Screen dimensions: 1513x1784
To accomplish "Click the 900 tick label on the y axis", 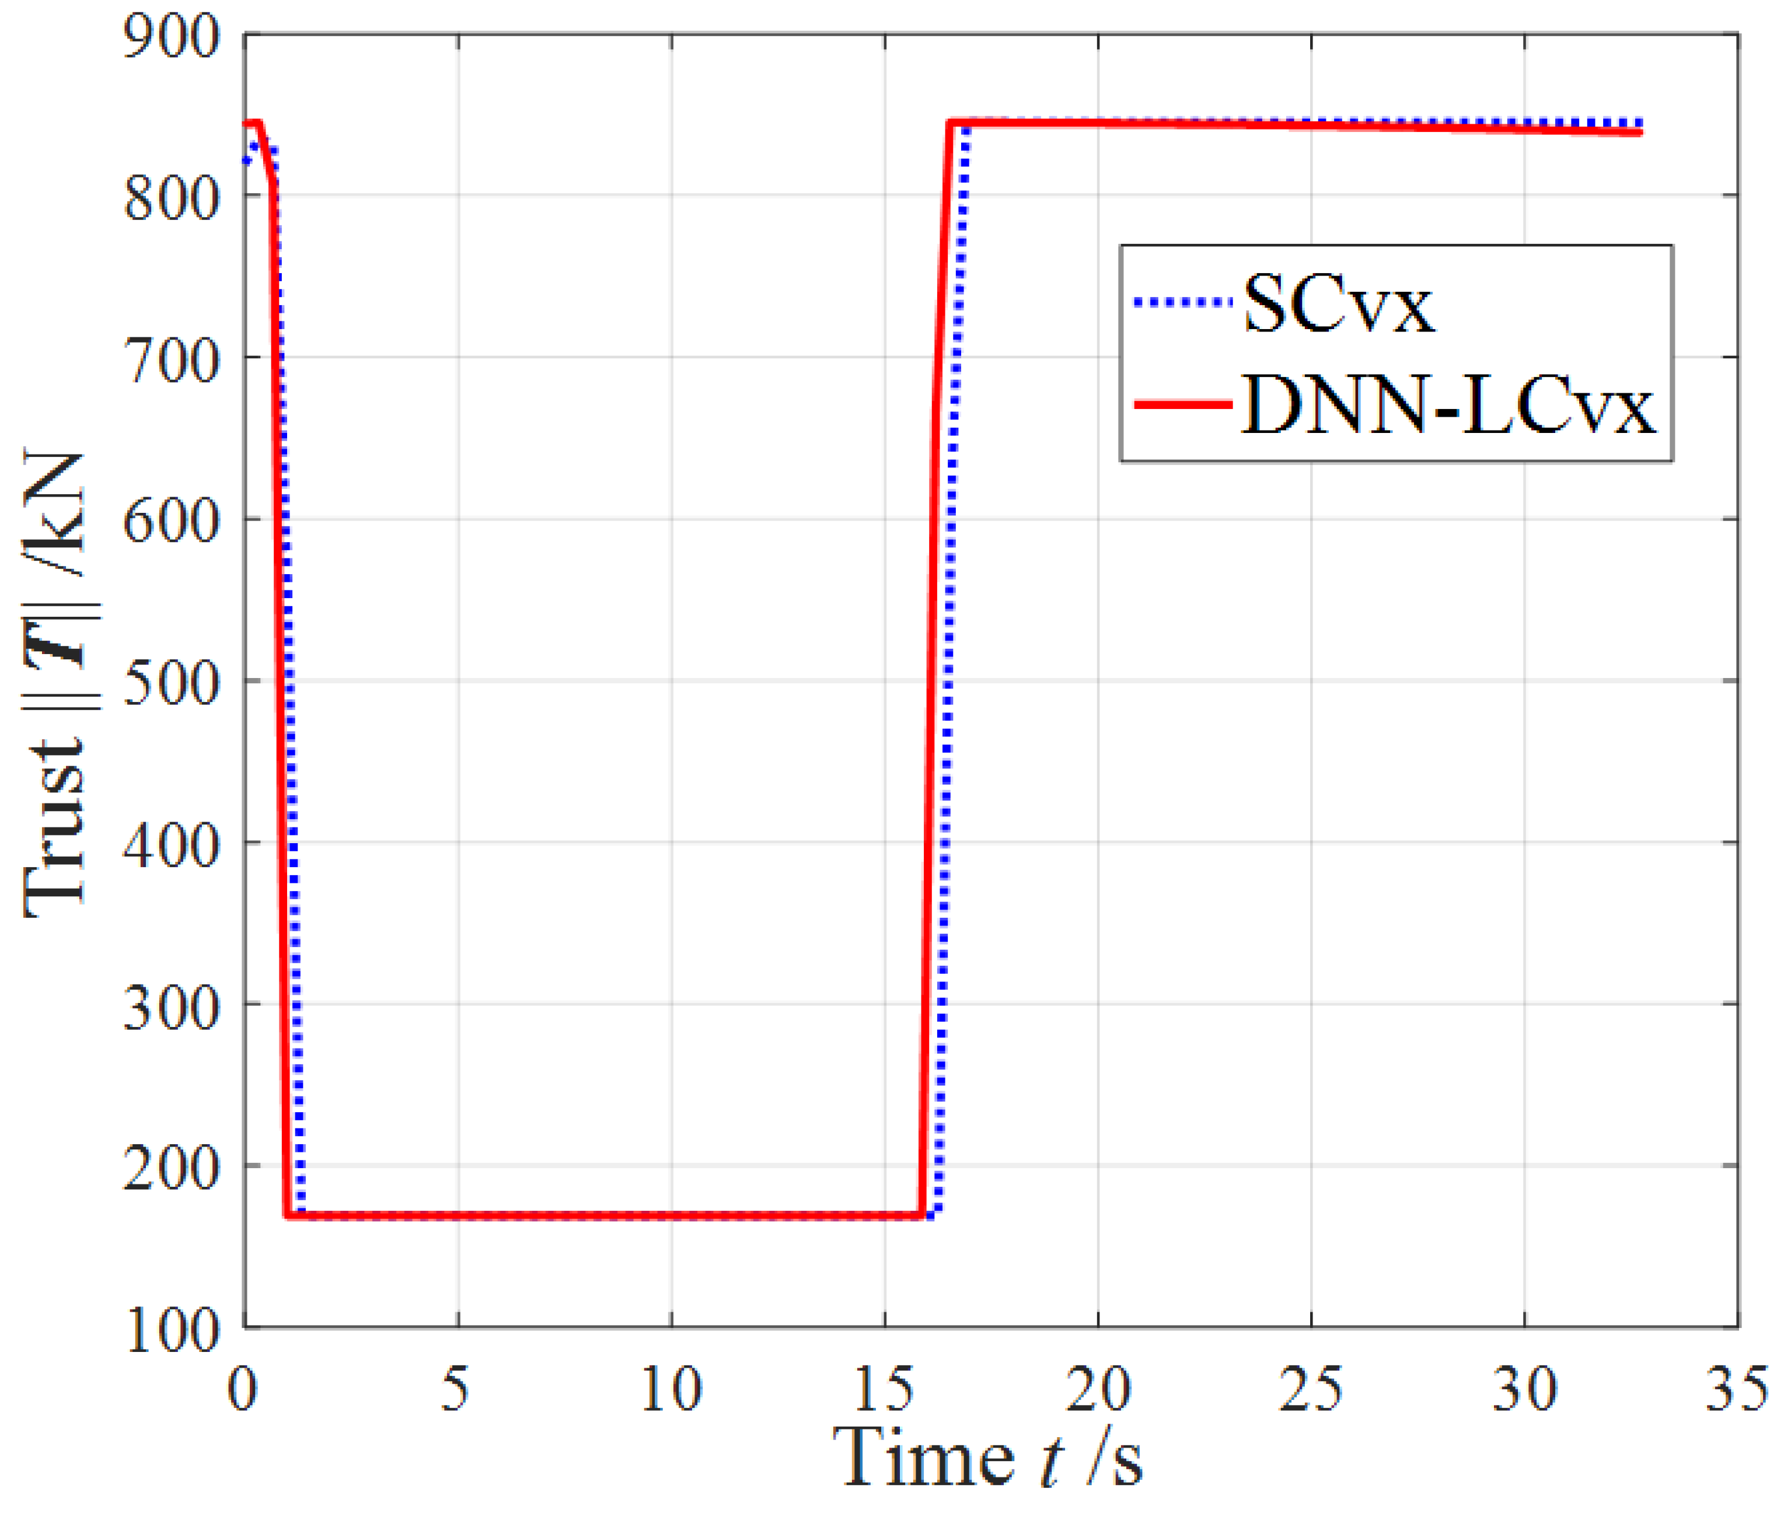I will [x=172, y=38].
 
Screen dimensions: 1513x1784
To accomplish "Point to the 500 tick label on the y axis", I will [x=172, y=684].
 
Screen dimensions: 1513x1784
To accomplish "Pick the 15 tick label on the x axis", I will [x=884, y=1389].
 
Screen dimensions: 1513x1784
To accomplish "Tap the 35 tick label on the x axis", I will [x=1736, y=1389].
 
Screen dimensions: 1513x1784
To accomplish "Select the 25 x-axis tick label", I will [x=1311, y=1389].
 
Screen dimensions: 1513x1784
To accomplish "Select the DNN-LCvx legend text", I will [x=1448, y=406].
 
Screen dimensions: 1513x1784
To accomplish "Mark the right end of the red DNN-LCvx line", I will [x=1640, y=132].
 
